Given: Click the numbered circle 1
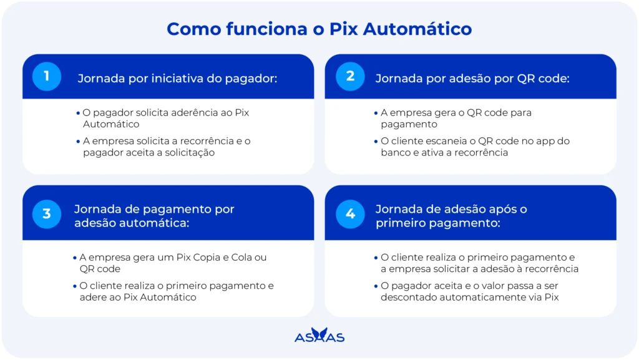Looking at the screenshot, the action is (47, 76).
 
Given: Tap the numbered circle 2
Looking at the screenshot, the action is (350, 76).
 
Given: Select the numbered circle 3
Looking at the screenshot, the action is (47, 214).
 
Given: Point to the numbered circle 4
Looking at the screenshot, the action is (350, 214).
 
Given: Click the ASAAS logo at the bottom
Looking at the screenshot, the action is (319, 335).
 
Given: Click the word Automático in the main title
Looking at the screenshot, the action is (417, 29).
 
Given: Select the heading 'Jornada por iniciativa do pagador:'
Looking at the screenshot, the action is (177, 78).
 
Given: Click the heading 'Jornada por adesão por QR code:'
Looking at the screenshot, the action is (472, 78).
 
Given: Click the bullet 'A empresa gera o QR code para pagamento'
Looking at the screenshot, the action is (456, 118).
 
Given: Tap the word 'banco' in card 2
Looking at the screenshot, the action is (394, 152).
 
